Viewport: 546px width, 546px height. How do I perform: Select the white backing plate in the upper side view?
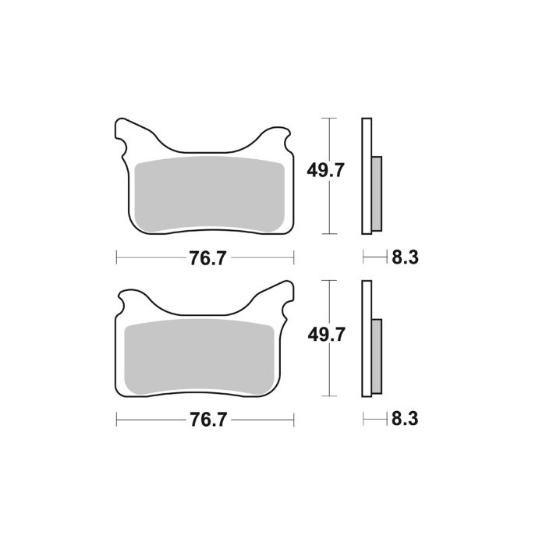(x=366, y=175)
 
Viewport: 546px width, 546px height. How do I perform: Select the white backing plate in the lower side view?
(x=366, y=339)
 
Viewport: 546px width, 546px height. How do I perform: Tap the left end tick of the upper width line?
(x=116, y=258)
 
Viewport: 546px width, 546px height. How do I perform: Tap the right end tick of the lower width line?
(x=293, y=420)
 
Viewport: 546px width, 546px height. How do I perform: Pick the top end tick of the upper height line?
(x=332, y=118)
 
